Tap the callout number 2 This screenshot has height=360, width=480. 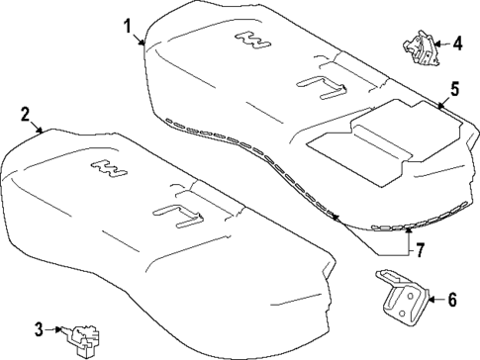(x=25, y=115)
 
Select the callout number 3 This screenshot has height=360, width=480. (x=39, y=328)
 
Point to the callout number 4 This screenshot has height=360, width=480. (x=456, y=43)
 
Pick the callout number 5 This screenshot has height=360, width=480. (x=454, y=89)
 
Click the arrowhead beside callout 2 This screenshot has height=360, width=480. (x=41, y=131)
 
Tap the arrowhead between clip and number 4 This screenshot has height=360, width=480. (x=438, y=44)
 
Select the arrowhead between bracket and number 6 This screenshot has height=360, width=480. (x=432, y=298)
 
